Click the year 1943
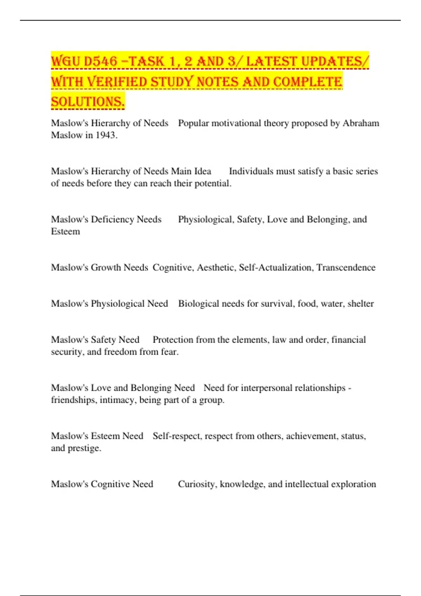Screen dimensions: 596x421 (x=105, y=135)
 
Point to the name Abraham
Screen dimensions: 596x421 (x=361, y=123)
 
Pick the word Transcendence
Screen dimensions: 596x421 (x=346, y=267)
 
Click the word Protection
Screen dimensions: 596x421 (x=173, y=340)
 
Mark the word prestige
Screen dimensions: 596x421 (x=84, y=448)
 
